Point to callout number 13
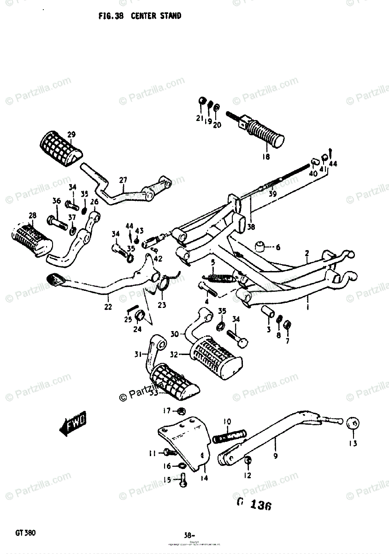pos(353,444)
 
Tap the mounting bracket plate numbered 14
pos(184,441)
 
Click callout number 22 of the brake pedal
pos(108,307)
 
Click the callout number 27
pos(123,180)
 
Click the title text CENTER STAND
pos(156,16)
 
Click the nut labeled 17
pos(181,411)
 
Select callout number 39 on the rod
pos(272,194)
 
